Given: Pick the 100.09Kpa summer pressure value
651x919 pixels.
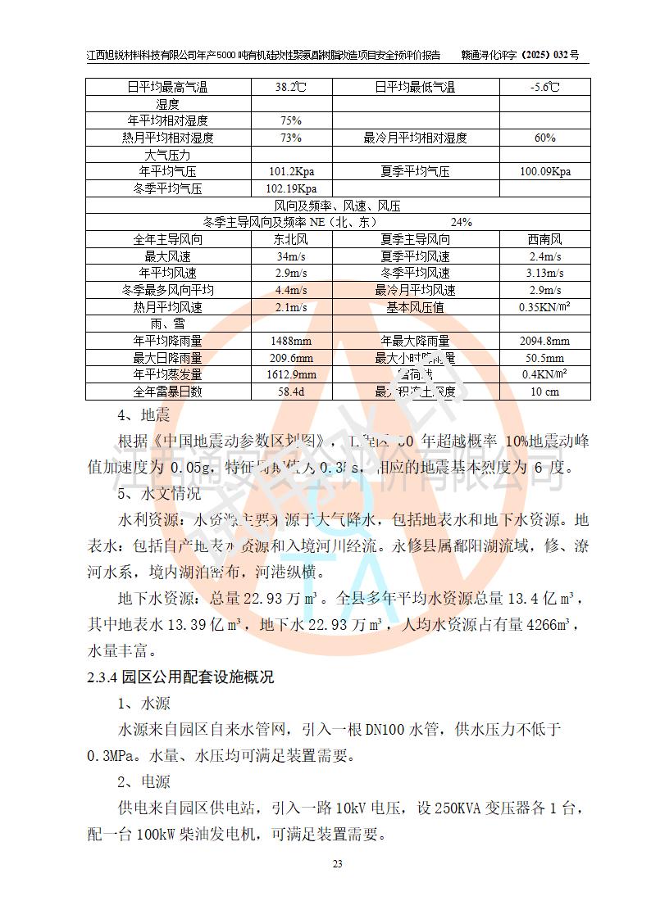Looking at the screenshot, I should point(545,172).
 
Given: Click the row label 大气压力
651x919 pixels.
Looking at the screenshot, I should point(167,155).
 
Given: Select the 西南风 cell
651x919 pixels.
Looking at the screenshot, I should point(545,240).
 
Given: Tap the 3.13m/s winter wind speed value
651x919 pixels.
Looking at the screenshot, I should point(545,274).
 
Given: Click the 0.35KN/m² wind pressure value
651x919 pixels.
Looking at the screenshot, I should point(545,307).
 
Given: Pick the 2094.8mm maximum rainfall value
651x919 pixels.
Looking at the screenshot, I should point(545,342).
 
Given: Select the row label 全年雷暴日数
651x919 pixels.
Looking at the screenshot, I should point(167,392).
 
